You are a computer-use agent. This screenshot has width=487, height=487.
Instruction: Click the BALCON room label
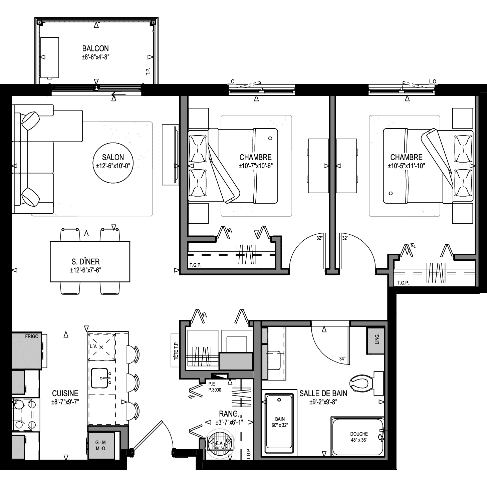pos(95,48)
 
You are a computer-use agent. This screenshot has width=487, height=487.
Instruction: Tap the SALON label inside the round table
pos(113,157)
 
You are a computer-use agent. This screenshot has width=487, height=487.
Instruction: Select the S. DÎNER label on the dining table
pos(86,261)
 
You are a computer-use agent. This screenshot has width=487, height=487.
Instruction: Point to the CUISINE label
pos(65,393)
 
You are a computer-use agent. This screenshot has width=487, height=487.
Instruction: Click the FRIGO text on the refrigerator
pos(32,336)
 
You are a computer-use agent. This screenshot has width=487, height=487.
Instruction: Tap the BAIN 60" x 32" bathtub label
pos(280,422)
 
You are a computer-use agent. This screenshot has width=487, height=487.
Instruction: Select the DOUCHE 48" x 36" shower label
pos(359,437)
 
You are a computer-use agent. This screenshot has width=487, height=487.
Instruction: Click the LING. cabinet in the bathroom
pos(376,341)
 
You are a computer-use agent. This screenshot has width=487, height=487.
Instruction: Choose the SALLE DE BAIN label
pos(323,393)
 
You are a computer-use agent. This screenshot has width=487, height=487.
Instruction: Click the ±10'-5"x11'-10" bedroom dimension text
pos(406,166)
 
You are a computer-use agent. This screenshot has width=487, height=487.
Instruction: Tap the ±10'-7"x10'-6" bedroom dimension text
pos(255,166)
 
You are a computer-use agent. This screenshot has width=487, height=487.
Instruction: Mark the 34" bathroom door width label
pos(342,358)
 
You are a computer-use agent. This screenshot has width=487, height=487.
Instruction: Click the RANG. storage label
pos(229,414)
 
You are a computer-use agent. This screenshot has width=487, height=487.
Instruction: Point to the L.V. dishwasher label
pos(93,346)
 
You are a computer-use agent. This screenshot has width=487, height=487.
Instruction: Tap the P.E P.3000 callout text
pos(215,387)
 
